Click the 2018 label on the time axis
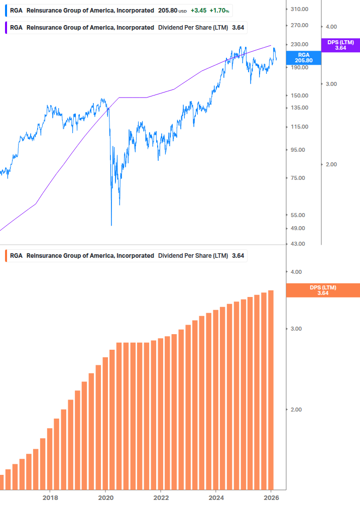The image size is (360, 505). tap(50, 497)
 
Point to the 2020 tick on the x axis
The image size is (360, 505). tap(105, 497)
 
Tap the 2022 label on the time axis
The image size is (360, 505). tap(161, 497)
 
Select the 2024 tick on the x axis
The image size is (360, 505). tap(215, 497)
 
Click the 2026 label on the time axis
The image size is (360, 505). tap(271, 497)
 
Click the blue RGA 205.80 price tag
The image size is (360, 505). tap(303, 57)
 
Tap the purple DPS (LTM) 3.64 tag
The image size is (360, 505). tap(340, 45)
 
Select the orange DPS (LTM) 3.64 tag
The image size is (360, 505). tap(323, 290)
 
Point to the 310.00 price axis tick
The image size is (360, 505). tap(299, 10)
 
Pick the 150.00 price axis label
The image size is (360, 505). tap(299, 95)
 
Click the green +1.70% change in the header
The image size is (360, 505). tap(219, 10)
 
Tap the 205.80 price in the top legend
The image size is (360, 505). tap(168, 10)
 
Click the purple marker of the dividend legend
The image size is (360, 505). tap(6, 27)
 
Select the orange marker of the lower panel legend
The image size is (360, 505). tap(6, 256)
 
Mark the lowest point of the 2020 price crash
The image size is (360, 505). tap(111, 225)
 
